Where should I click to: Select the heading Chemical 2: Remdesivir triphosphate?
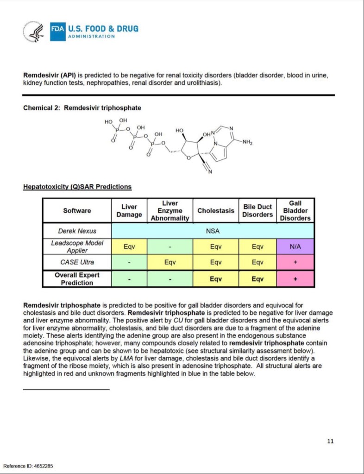[x=82, y=108]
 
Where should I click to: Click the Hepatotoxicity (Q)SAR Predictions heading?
[x=77, y=187]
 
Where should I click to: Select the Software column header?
[x=77, y=210]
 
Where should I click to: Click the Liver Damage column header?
[x=129, y=210]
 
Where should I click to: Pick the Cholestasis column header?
[x=215, y=210]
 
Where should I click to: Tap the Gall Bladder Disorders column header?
[x=295, y=210]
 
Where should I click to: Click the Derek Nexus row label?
[x=77, y=231]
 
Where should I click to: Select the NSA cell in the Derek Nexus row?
[x=213, y=231]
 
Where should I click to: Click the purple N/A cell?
[x=295, y=246]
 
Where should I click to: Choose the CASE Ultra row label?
[x=77, y=262]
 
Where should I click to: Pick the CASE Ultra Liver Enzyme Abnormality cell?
[x=169, y=262]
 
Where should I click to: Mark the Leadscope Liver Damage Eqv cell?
[x=129, y=246]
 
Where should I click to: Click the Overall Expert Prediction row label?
[x=77, y=278]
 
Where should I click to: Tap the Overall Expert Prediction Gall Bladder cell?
[x=295, y=279]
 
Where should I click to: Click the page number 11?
[x=330, y=441]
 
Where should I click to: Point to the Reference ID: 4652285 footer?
[x=28, y=465]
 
